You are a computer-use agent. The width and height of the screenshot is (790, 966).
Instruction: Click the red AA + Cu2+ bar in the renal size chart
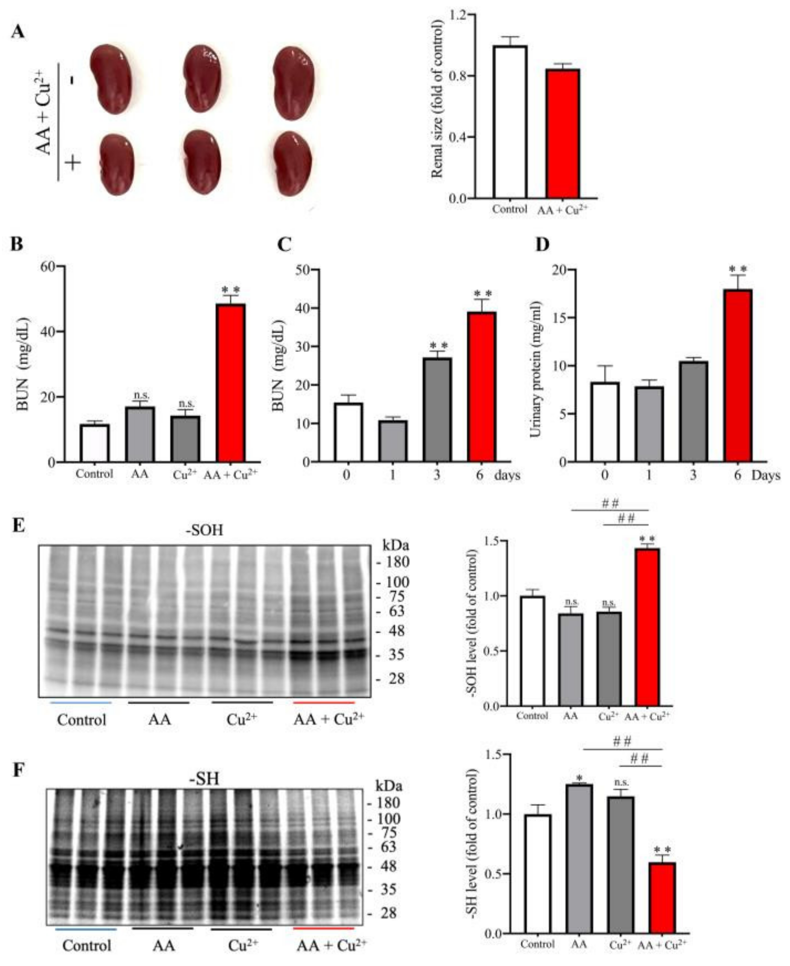[563, 134]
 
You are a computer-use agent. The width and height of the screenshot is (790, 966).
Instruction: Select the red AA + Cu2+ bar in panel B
[231, 383]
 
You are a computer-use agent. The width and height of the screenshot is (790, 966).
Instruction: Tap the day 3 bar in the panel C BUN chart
[437, 409]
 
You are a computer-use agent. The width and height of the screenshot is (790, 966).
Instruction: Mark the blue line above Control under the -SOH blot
[81, 702]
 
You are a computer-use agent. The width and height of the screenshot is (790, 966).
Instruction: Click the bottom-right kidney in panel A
[293, 163]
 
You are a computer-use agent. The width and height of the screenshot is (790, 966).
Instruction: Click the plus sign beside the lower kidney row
[73, 162]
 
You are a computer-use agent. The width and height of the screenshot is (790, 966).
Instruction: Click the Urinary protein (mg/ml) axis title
[535, 369]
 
